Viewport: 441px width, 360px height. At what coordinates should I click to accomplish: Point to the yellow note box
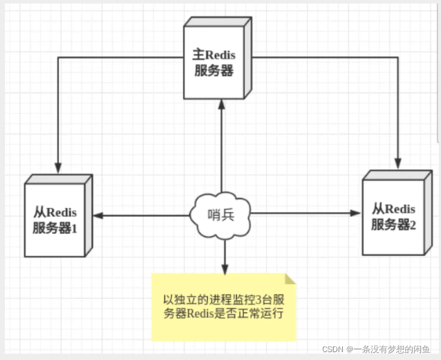click(x=224, y=306)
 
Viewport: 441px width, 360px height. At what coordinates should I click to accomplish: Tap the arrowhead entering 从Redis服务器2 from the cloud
click(x=357, y=212)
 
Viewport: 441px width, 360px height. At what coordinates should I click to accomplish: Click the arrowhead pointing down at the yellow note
click(x=224, y=269)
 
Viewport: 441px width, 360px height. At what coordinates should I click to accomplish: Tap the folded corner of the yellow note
click(x=290, y=277)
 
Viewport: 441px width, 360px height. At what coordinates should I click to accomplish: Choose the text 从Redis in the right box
click(x=393, y=208)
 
